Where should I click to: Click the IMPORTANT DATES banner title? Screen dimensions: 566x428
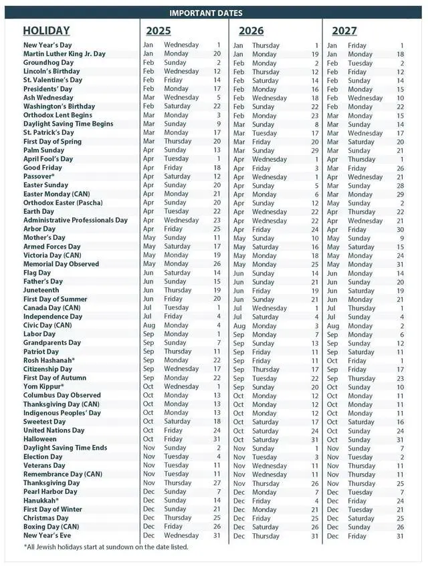pos(205,13)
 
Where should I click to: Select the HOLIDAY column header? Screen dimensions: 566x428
pos(46,31)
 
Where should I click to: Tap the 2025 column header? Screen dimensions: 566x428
pos(158,31)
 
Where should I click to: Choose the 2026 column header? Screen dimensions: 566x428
pos(251,31)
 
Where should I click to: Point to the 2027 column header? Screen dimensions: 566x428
pos(344,31)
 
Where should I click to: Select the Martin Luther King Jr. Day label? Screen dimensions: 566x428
pos(64,53)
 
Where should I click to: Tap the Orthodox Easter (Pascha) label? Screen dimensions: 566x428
pos(64,202)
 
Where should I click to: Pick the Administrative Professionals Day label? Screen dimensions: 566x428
pos(76,220)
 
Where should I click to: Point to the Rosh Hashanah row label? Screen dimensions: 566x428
pos(49,360)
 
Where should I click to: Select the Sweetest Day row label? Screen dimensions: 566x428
pos(45,422)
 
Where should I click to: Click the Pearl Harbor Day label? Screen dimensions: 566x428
pos(50,492)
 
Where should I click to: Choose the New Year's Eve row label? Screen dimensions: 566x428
pos(46,535)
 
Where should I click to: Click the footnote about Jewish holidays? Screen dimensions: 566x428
pos(106,547)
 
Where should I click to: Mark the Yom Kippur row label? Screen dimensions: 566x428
pos(43,386)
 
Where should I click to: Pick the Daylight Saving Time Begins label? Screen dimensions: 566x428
pos(68,124)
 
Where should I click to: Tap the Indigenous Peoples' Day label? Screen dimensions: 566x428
pos(62,413)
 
